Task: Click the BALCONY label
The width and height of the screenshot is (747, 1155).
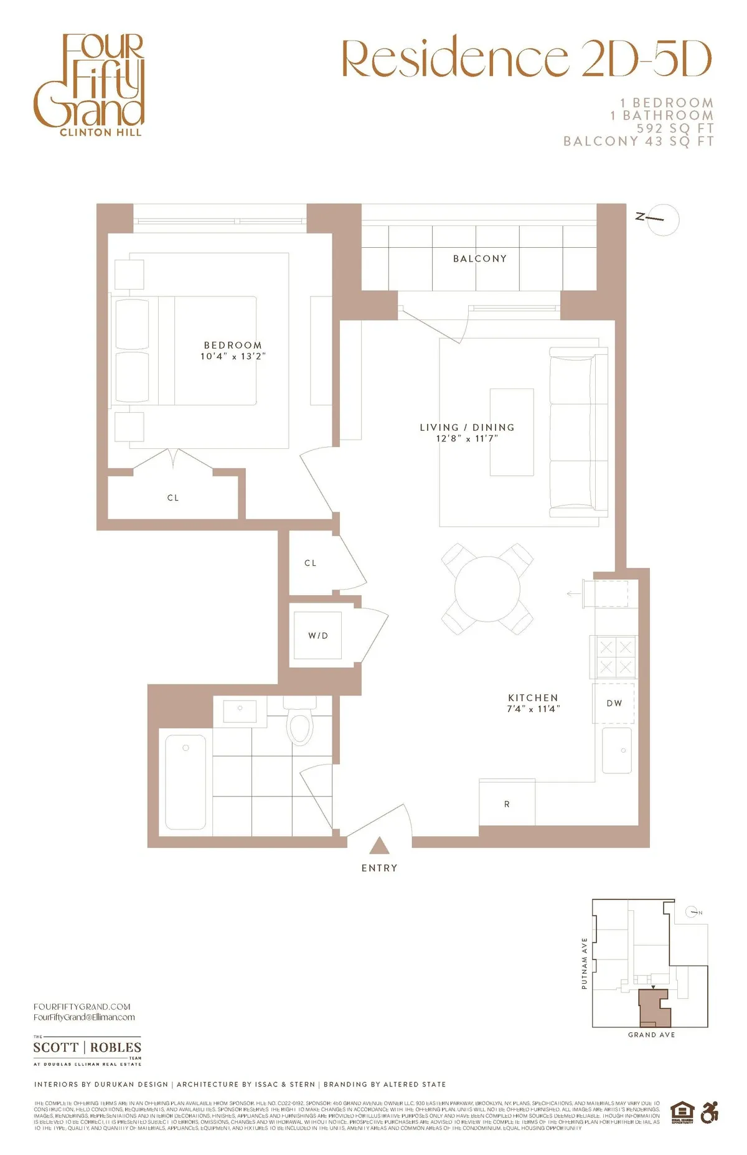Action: click(479, 258)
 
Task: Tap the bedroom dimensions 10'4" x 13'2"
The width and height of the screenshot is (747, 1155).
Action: click(233, 356)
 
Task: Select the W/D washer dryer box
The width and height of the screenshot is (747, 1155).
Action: click(317, 636)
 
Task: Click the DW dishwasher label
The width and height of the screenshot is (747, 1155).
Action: click(614, 703)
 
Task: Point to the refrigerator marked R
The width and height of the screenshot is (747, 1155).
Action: click(507, 803)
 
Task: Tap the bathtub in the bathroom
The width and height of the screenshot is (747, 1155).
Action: click(186, 782)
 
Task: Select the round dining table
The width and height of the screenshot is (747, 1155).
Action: click(487, 589)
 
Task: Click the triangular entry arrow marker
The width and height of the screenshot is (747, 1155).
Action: click(379, 846)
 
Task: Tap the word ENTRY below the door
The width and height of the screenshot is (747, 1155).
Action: click(379, 868)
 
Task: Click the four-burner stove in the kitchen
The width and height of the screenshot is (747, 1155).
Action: click(614, 657)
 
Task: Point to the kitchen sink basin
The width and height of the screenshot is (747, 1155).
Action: click(617, 751)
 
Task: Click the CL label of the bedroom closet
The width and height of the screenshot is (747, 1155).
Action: click(173, 498)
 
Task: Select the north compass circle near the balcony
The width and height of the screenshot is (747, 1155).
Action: click(663, 219)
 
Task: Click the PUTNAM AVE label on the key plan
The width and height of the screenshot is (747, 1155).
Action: click(585, 963)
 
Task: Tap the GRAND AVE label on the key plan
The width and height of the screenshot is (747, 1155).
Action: click(651, 1035)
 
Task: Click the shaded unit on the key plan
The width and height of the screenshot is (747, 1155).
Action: click(654, 1009)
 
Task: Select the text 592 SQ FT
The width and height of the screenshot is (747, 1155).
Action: click(675, 128)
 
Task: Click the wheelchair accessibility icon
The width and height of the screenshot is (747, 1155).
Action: click(709, 1113)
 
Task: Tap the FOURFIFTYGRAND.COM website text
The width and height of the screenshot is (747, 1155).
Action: click(82, 1006)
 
